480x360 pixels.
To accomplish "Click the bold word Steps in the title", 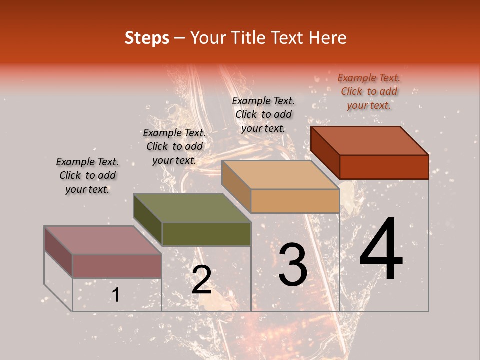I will click(x=147, y=38).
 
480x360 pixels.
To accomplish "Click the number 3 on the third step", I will click(x=293, y=265).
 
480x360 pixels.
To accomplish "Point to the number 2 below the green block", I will click(x=201, y=280).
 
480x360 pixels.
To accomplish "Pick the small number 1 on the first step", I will click(x=115, y=295).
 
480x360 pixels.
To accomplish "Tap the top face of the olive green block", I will click(x=192, y=208).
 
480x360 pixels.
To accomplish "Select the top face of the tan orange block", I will click(x=281, y=175).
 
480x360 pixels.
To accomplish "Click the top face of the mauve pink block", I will click(x=103, y=240).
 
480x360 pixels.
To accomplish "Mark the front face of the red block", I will click(x=384, y=167).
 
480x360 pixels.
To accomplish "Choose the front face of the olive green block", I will click(x=206, y=234).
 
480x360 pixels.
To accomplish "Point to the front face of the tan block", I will click(x=295, y=201).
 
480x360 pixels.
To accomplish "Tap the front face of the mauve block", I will click(x=117, y=266).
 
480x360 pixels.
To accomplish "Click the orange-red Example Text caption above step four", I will click(x=369, y=91).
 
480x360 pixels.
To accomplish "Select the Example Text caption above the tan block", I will click(x=263, y=114).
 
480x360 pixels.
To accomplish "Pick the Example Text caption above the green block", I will click(x=174, y=146).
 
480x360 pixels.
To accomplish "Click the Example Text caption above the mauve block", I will click(x=87, y=175).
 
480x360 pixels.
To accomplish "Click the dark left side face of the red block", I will click(x=325, y=152).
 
